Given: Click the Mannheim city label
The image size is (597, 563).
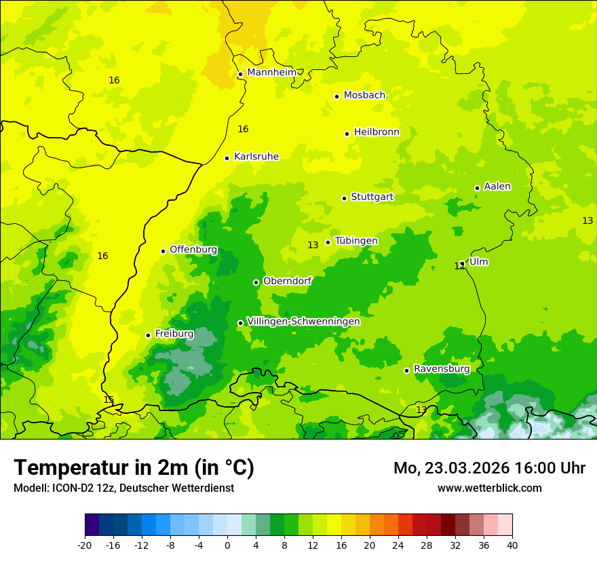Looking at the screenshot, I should pyautogui.click(x=271, y=73).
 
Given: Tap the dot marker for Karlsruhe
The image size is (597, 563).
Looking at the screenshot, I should pyautogui.click(x=227, y=158).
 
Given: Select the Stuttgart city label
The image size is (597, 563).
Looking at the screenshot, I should pyautogui.click(x=372, y=197).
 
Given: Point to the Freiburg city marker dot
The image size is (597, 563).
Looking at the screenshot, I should pyautogui.click(x=148, y=335).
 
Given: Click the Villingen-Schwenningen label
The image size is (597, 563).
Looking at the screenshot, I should pyautogui.click(x=303, y=322).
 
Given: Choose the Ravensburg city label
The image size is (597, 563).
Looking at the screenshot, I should pyautogui.click(x=441, y=369).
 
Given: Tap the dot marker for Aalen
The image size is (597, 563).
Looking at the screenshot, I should pyautogui.click(x=477, y=188).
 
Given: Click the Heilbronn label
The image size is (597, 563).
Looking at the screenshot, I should pyautogui.click(x=377, y=132).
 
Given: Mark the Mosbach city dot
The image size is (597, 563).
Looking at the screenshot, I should pyautogui.click(x=336, y=96).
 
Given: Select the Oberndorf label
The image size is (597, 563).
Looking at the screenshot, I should pyautogui.click(x=287, y=281).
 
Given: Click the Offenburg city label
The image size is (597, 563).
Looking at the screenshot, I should pyautogui.click(x=193, y=250).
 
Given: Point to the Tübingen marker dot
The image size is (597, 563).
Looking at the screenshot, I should pyautogui.click(x=328, y=242).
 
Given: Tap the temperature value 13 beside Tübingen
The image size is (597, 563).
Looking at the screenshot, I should pyautogui.click(x=313, y=246).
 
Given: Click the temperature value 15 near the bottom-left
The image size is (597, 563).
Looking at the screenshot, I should pyautogui.click(x=109, y=400).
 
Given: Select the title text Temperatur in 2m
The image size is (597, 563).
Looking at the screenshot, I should pyautogui.click(x=134, y=468).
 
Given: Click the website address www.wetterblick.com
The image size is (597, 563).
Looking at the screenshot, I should pyautogui.click(x=489, y=488).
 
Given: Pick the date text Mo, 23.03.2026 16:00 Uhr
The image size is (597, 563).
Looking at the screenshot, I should pyautogui.click(x=489, y=468).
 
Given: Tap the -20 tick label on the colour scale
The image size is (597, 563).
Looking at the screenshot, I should pyautogui.click(x=85, y=545).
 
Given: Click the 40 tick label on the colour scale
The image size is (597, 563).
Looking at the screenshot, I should pyautogui.click(x=512, y=545).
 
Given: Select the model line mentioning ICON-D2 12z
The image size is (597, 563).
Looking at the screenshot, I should pyautogui.click(x=123, y=488).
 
